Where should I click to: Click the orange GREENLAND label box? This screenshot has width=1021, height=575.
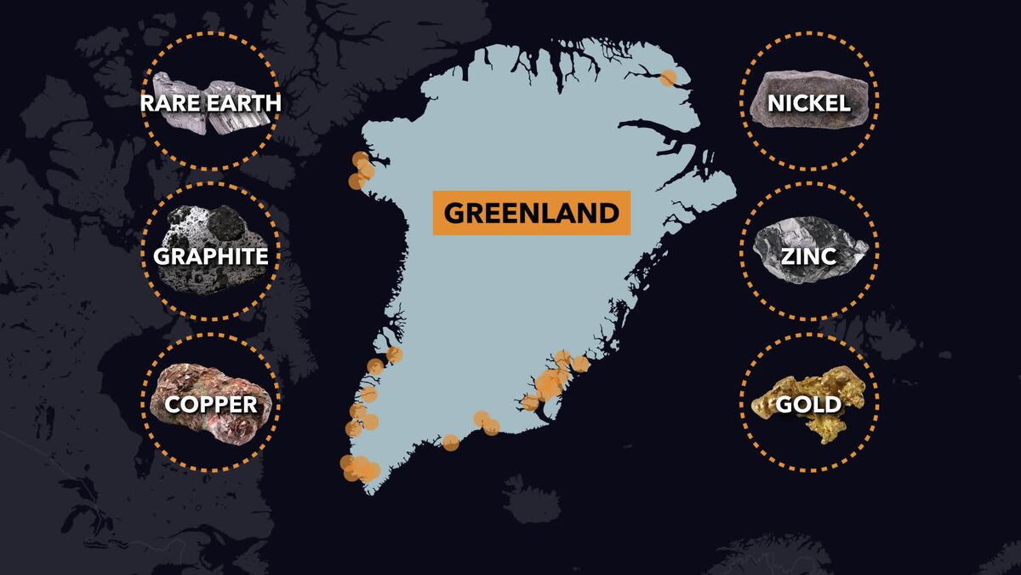[531, 212]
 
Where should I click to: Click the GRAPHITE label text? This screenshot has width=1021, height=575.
[211, 256]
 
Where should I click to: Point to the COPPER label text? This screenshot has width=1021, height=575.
[211, 403]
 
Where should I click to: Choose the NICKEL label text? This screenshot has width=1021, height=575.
[808, 103]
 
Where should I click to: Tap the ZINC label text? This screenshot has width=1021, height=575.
[808, 256]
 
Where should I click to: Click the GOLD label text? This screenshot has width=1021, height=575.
[808, 403]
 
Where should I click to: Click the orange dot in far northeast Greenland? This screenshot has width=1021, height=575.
[669, 78]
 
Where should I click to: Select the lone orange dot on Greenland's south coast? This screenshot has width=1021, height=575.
[451, 442]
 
